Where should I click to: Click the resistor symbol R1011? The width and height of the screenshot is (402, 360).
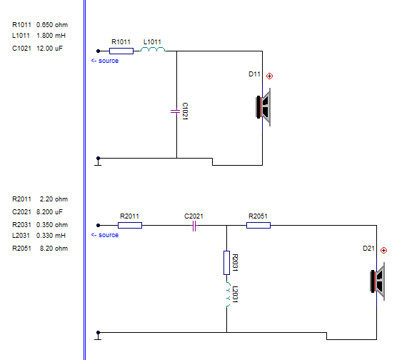tap(121, 51)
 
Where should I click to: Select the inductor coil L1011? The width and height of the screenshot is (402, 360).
tap(153, 49)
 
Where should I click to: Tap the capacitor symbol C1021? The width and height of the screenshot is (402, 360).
tap(176, 111)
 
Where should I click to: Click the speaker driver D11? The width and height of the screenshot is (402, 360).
tap(263, 107)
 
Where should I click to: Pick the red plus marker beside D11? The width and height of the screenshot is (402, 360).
tap(269, 76)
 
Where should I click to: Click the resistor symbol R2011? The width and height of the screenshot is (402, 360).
tap(130, 226)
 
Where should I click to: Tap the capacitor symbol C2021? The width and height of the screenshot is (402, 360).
tap(194, 226)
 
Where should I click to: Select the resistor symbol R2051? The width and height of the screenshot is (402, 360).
tap(258, 226)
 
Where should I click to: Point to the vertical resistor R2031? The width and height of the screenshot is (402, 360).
tap(226, 263)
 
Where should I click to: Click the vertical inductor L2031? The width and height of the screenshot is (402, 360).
tap(228, 294)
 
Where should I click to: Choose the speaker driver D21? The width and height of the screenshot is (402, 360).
tap(378, 281)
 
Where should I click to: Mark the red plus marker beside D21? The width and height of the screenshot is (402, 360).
tap(384, 251)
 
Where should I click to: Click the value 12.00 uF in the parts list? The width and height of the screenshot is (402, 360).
tap(49, 48)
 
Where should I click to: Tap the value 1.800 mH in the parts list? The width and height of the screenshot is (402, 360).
tap(51, 36)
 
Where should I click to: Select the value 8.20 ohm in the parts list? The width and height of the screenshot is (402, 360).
tap(54, 248)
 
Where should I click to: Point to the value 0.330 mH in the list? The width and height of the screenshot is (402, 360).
tap(51, 236)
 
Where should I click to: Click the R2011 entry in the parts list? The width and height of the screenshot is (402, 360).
tap(21, 199)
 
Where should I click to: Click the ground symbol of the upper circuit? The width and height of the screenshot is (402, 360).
tap(98, 161)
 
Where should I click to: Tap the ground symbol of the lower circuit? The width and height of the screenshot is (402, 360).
tap(98, 336)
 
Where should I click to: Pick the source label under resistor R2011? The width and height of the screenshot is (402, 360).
tap(105, 235)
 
